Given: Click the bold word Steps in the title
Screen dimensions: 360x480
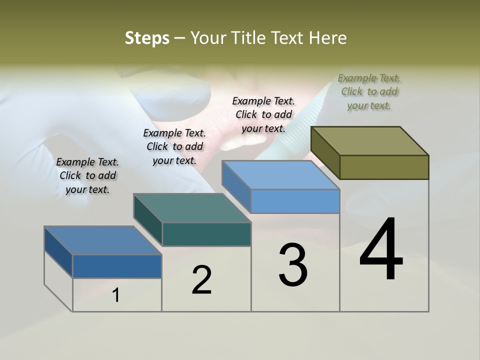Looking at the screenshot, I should click(x=147, y=38).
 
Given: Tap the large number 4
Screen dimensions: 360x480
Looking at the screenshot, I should click(x=381, y=249).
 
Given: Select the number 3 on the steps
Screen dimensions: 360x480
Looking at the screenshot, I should click(x=293, y=264).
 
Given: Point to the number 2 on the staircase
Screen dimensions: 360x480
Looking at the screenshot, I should click(x=202, y=280).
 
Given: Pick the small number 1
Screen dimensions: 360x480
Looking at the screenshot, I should click(x=116, y=295).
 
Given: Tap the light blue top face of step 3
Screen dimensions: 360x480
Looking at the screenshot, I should click(x=280, y=175).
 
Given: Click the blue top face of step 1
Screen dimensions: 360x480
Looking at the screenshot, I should click(x=103, y=240).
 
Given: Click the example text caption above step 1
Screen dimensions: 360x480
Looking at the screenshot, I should click(x=87, y=175).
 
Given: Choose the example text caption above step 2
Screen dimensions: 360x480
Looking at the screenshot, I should click(x=174, y=146).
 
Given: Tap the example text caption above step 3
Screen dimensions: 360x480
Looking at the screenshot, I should click(x=263, y=114).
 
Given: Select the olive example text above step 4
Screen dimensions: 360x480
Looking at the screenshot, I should click(x=369, y=91).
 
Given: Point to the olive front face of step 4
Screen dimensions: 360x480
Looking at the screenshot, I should click(x=384, y=167).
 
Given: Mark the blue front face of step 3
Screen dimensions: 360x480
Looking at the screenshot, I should click(x=295, y=201).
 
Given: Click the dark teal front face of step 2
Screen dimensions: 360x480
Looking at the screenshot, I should click(x=206, y=234).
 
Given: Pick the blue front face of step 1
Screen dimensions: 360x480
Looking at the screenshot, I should click(x=117, y=266).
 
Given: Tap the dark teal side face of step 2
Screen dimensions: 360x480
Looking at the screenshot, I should click(x=148, y=220).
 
